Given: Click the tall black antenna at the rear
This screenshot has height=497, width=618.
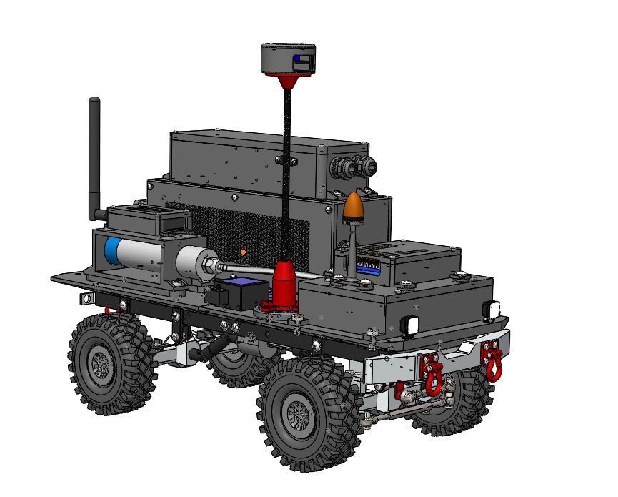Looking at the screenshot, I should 94,157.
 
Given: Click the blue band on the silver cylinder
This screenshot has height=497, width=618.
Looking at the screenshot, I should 112,252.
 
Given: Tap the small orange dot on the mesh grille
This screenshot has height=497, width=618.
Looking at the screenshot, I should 244,252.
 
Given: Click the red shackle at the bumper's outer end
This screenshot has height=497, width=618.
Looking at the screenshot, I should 492,358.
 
